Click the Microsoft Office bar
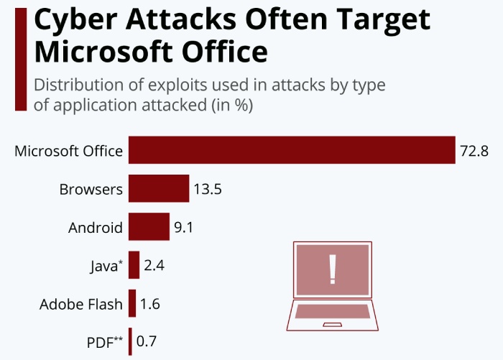click(x=292, y=150)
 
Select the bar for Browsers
click(x=159, y=190)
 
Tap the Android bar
click(x=149, y=228)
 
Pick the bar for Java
click(x=134, y=266)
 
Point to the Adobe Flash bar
click(x=132, y=304)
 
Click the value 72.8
click(x=474, y=152)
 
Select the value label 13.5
click(x=207, y=190)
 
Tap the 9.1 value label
click(x=184, y=229)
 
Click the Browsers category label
click(x=91, y=190)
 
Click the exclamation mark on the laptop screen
click(x=332, y=269)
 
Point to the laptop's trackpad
click(x=332, y=325)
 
